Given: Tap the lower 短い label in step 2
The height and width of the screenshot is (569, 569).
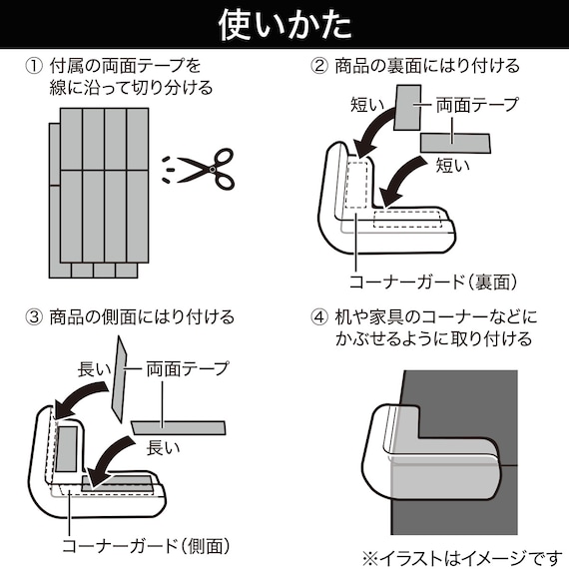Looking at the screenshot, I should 453,166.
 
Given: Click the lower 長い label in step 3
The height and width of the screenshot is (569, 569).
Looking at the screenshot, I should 164,447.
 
